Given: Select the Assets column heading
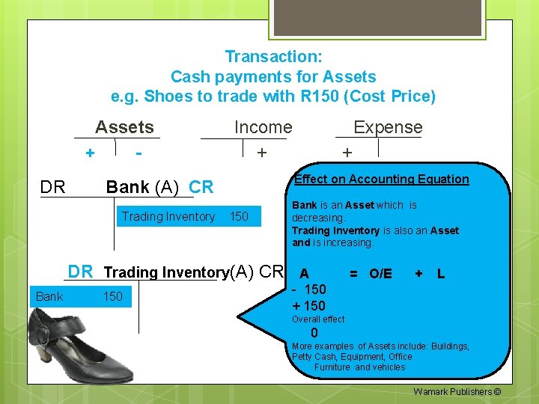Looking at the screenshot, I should [124, 127].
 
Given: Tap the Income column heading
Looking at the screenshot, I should [263, 127].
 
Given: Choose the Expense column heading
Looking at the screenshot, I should [388, 127].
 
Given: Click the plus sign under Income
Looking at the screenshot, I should [261, 153].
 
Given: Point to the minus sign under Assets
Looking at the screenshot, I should [138, 153].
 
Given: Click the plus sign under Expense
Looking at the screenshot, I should [347, 153].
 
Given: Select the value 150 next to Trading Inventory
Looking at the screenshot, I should [239, 217].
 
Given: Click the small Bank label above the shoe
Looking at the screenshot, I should [49, 297].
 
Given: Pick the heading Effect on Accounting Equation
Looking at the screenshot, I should [382, 179].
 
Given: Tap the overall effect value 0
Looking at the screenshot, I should [314, 333].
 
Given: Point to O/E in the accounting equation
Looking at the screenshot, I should [380, 274].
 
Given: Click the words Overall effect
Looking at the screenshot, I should [318, 319].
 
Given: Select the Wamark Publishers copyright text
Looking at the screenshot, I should [457, 391].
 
